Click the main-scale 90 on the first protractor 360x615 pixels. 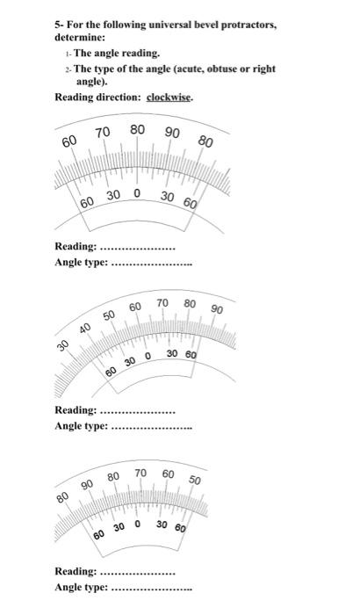[x=172, y=133]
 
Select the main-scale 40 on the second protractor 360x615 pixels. [x=84, y=329]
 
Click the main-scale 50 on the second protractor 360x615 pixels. [x=108, y=316]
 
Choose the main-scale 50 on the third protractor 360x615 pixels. [x=194, y=481]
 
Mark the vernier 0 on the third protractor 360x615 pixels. [x=139, y=526]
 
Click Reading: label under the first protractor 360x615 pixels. [x=76, y=247]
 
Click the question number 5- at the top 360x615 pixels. [x=60, y=25]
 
